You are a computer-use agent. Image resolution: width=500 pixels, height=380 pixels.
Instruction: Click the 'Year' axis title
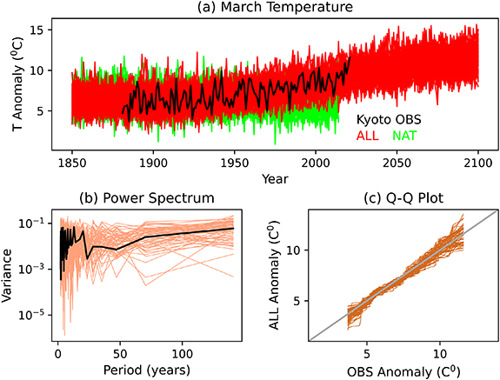(275, 178)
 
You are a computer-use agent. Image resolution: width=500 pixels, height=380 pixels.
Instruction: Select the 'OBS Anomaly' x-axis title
(403, 370)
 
